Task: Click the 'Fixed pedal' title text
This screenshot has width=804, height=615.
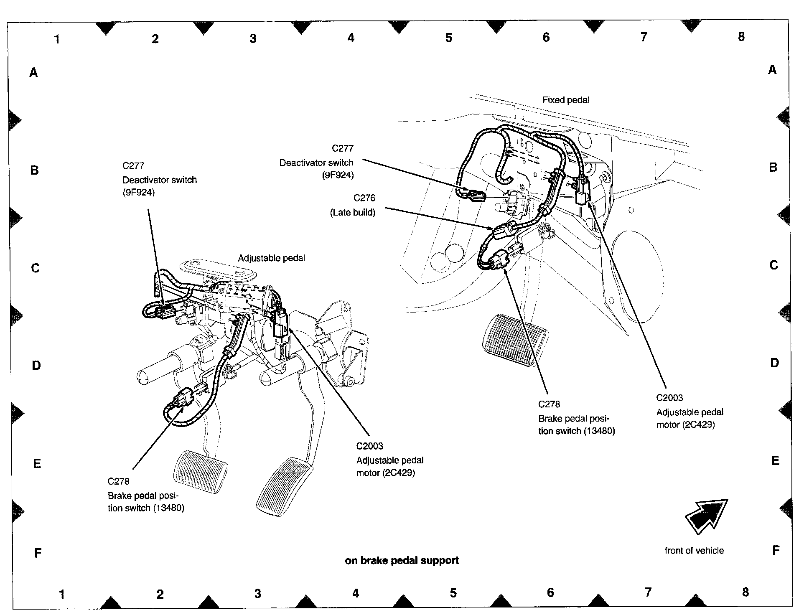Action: [565, 100]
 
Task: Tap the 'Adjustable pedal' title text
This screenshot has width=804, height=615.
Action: [271, 258]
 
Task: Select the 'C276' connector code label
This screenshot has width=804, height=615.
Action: [364, 198]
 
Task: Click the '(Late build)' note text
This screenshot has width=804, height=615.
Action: [353, 213]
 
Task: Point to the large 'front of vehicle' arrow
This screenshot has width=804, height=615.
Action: [706, 516]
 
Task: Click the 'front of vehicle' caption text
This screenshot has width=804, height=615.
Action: [694, 551]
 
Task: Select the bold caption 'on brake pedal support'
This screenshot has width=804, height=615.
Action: [402, 561]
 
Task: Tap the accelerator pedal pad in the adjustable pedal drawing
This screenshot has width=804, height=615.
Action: [284, 487]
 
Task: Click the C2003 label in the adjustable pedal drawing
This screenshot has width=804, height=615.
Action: [369, 446]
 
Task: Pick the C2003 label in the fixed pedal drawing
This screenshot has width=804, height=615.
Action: [669, 398]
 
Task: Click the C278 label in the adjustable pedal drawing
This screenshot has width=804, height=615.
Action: [118, 481]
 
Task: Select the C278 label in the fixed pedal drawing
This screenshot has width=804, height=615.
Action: [549, 404]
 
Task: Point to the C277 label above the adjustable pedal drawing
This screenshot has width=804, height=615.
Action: [133, 165]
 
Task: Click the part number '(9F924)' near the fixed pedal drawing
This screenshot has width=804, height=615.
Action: [338, 175]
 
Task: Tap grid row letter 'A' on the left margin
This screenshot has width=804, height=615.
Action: [33, 73]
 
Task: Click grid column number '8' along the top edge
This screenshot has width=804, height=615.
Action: [741, 37]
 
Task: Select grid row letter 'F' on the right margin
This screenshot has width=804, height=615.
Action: [776, 550]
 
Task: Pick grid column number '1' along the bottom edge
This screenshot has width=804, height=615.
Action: [62, 594]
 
